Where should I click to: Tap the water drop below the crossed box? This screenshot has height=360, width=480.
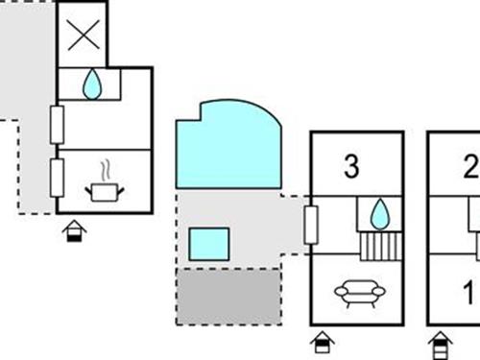point(92,85)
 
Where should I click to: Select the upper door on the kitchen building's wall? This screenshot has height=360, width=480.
point(58,125)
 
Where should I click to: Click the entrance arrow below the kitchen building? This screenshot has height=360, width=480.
point(74,231)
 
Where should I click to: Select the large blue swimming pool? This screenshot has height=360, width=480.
point(227,147)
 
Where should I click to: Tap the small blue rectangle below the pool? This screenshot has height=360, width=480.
point(209,244)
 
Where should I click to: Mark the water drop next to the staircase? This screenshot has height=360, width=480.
point(379,213)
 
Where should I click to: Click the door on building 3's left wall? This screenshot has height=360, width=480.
point(310,226)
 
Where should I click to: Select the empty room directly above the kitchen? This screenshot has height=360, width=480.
point(104,124)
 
